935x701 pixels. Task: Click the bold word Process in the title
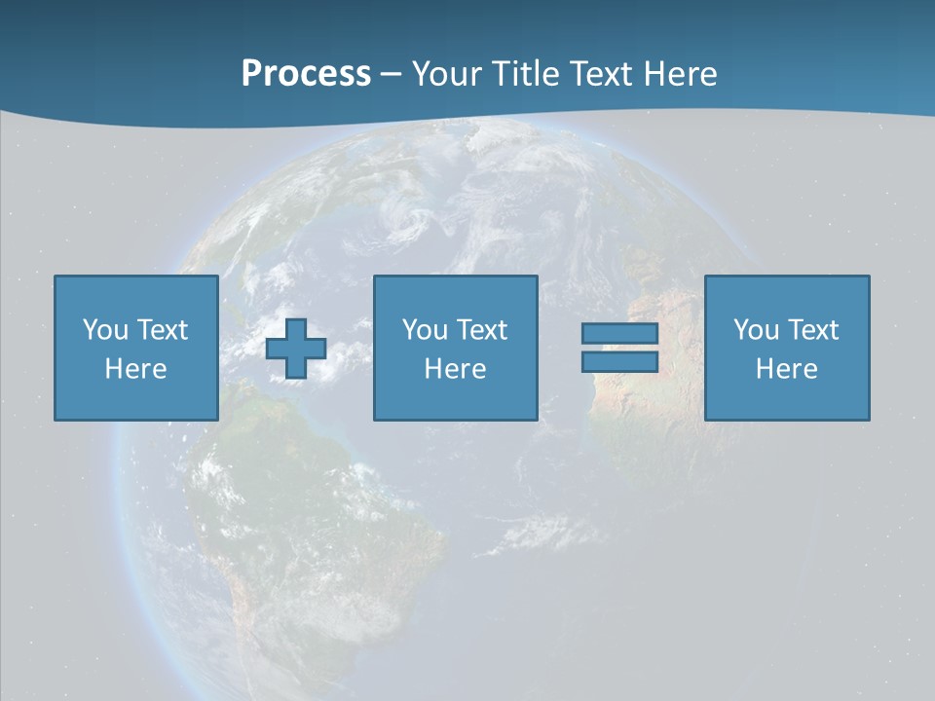point(306,74)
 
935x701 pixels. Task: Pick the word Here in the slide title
point(681,74)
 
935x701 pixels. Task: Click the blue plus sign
point(296,349)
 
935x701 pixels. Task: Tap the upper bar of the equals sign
point(619,334)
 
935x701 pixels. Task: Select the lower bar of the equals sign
point(619,361)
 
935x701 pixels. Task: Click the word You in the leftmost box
point(105,330)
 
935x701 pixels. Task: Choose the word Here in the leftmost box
point(135,369)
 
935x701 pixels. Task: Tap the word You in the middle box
point(425,330)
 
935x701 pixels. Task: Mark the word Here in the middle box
point(455,369)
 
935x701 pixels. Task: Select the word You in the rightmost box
point(756,330)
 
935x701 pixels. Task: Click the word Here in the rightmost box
point(786,369)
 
